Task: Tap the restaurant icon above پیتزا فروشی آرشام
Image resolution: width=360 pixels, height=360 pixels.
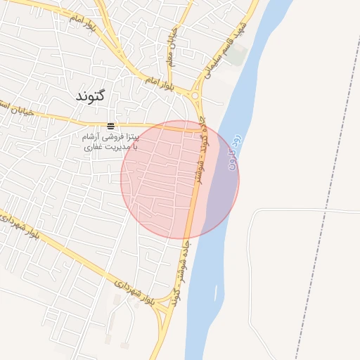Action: coord(110,126)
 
